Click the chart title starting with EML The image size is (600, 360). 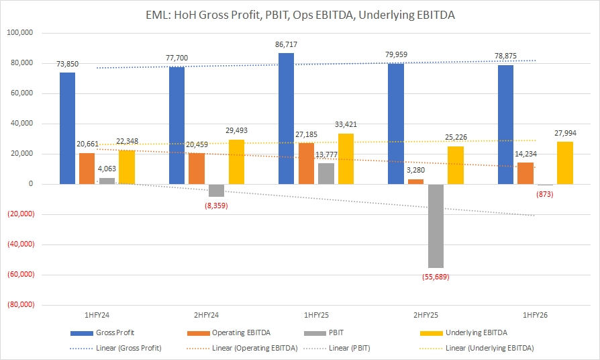click(x=300, y=14)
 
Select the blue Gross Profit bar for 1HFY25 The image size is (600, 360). click(x=286, y=118)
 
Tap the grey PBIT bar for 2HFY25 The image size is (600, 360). click(x=435, y=226)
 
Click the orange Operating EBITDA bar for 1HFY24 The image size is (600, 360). click(x=87, y=169)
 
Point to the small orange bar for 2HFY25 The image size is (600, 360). click(x=415, y=181)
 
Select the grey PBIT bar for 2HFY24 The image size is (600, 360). click(x=216, y=190)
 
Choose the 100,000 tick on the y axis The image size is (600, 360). click(x=22, y=33)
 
